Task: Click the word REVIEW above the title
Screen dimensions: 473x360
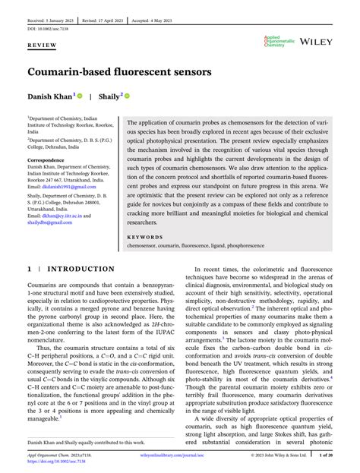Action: click(43, 46)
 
